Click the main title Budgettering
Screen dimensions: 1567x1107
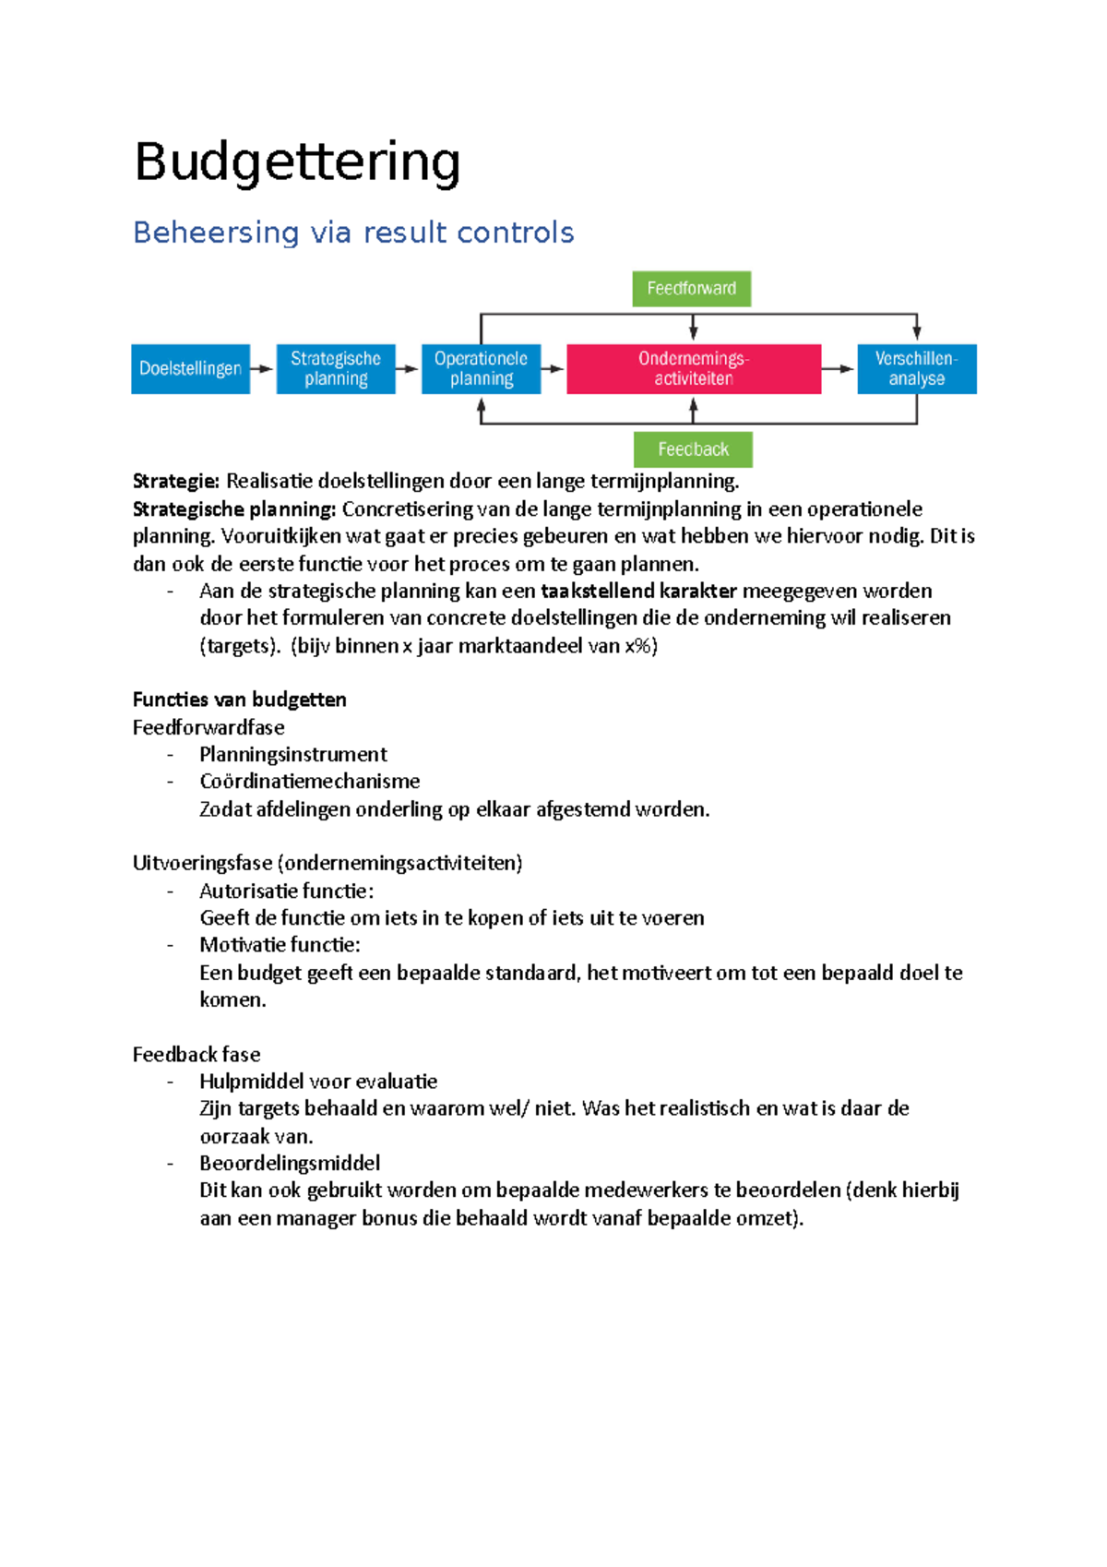pyautogui.click(x=297, y=162)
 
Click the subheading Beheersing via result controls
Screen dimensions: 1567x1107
pyautogui.click(x=353, y=233)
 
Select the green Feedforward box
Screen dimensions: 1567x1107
pyautogui.click(x=691, y=289)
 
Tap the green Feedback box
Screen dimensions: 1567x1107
pyautogui.click(x=693, y=449)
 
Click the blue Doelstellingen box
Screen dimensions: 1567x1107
pyautogui.click(x=190, y=368)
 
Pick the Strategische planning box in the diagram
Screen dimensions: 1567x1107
pyautogui.click(x=336, y=368)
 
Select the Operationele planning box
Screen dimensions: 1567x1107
pyautogui.click(x=481, y=368)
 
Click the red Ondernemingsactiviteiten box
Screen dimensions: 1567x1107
pyautogui.click(x=694, y=368)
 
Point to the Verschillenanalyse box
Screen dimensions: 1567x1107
pyautogui.click(x=916, y=368)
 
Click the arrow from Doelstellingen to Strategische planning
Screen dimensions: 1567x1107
pyautogui.click(x=263, y=369)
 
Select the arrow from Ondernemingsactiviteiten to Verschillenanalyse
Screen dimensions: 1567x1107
pyautogui.click(x=839, y=369)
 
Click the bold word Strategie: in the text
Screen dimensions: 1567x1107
pyautogui.click(x=176, y=482)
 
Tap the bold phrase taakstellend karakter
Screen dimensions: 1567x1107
pyautogui.click(x=638, y=591)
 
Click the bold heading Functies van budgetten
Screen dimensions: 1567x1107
pyautogui.click(x=240, y=700)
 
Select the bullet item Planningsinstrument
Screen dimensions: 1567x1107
pyautogui.click(x=293, y=754)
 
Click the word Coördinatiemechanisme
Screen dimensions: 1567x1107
pyautogui.click(x=309, y=781)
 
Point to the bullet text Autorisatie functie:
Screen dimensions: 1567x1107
pyautogui.click(x=286, y=891)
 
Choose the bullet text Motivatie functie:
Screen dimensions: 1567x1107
pyautogui.click(x=280, y=945)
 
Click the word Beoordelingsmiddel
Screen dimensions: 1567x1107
pyautogui.click(x=290, y=1163)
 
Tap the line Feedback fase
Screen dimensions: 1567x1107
pyautogui.click(x=196, y=1054)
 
